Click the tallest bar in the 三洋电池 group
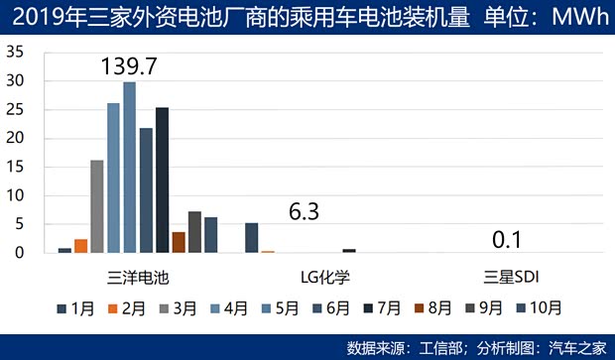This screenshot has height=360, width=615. [129, 169]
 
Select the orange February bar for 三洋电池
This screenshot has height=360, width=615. [81, 246]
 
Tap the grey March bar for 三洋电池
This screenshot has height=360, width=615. [97, 206]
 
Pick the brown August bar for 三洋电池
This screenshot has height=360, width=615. [179, 242]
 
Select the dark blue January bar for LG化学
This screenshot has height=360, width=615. [251, 238]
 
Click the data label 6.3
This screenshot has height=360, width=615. [306, 211]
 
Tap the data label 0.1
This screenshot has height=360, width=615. [506, 239]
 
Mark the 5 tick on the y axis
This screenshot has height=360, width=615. [19, 224]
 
